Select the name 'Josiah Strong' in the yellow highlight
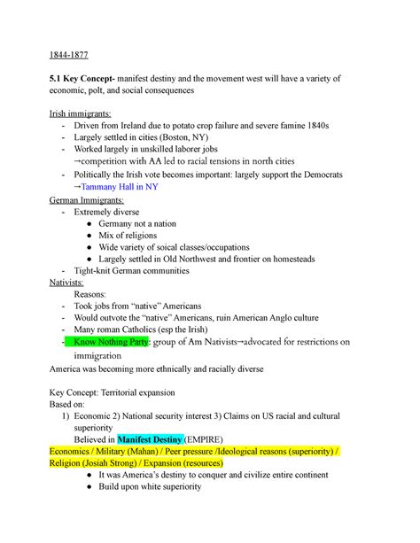[x=131, y=462]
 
